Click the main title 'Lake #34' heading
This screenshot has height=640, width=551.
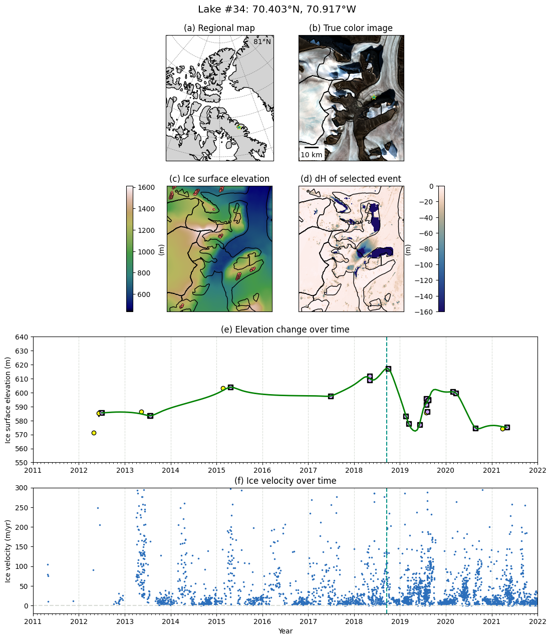coord(277,10)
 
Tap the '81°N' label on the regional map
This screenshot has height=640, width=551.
coord(262,42)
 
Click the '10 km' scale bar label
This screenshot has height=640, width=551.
coord(312,155)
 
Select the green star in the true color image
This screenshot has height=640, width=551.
coord(374,97)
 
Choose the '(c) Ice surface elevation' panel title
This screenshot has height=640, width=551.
coord(219,179)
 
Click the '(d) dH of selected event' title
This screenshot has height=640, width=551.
coord(351,179)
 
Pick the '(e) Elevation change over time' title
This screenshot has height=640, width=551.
coord(285,330)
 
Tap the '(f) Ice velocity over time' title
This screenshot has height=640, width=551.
coord(285,481)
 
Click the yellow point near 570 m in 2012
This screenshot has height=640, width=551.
coord(94,433)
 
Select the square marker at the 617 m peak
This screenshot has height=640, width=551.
coord(388,369)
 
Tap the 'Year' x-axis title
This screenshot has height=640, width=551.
coord(285,631)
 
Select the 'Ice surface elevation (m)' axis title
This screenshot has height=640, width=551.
coord(8,400)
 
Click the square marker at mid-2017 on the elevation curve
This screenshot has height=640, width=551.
coord(331,396)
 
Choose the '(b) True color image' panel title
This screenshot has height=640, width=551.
coord(351,28)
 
